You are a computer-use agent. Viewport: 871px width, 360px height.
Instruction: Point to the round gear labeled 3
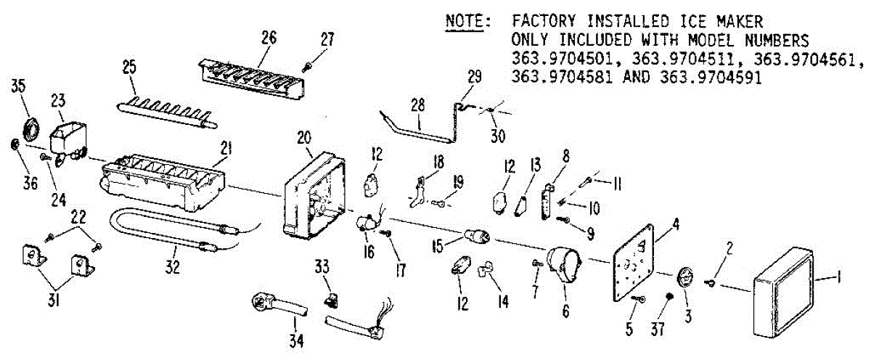pos(685,280)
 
